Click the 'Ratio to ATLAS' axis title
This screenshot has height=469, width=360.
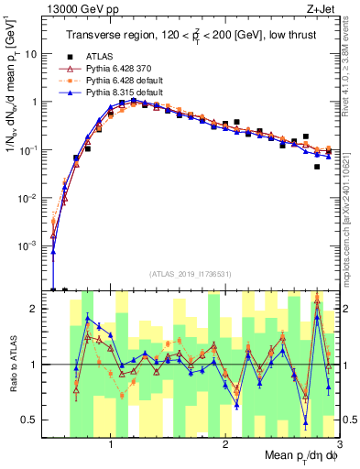pos(12,364)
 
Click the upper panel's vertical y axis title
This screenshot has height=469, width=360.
pos(12,119)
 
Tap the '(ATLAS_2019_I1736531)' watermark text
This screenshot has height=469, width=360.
pos(191,273)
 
